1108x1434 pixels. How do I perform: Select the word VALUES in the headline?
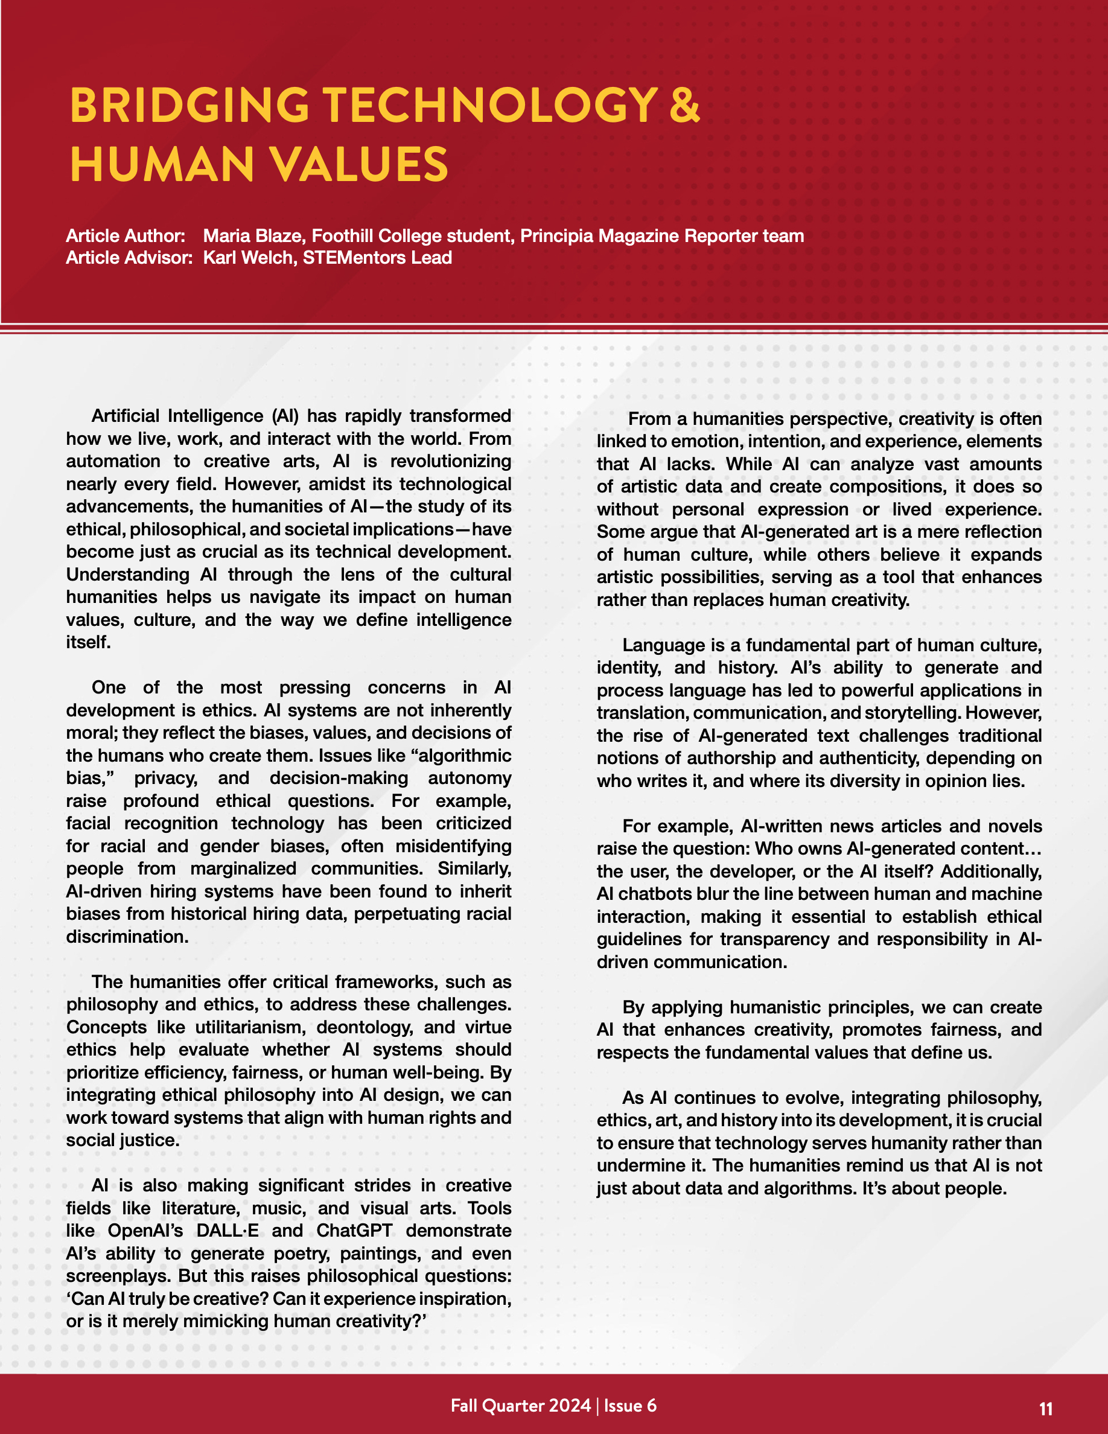[360, 164]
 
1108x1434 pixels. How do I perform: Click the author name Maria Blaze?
[253, 236]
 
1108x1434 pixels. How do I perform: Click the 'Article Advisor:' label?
[129, 257]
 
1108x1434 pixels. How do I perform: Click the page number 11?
[1046, 1409]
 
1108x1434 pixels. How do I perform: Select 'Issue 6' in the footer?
[630, 1406]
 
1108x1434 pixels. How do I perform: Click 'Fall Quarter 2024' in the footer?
[521, 1406]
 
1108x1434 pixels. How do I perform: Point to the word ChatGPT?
[354, 1231]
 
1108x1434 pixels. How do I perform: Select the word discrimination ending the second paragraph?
[126, 936]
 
